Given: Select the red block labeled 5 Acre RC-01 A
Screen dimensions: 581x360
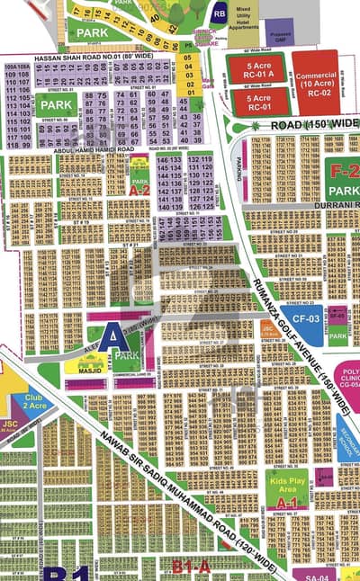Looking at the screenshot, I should click(256, 68).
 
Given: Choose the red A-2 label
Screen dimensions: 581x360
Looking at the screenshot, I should click(139, 190).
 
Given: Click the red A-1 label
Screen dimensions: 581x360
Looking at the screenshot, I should click(286, 504).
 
